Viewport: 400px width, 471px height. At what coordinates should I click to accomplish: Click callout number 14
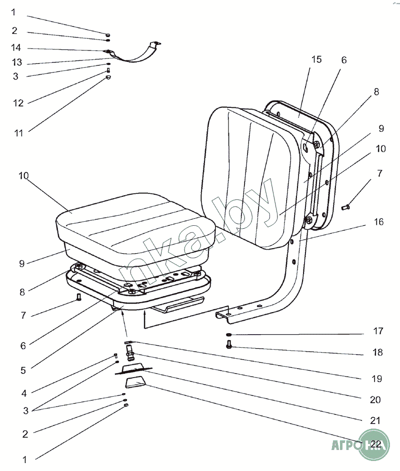click(16, 48)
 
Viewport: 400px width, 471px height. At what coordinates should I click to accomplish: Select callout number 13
click(16, 63)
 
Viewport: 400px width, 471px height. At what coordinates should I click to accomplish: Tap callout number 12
click(18, 103)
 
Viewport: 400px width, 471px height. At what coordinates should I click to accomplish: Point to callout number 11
click(18, 133)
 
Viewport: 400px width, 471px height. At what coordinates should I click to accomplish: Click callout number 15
click(316, 59)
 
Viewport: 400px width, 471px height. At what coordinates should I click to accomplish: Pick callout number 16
click(379, 222)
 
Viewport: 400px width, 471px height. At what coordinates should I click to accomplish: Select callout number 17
click(377, 331)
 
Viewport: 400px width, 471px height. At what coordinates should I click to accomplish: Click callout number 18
click(377, 352)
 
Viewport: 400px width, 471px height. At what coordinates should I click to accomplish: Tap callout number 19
click(377, 379)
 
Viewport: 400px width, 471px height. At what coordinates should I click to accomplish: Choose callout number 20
click(375, 400)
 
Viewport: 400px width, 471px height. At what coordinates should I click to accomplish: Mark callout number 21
click(375, 421)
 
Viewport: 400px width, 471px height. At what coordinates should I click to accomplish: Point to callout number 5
click(22, 371)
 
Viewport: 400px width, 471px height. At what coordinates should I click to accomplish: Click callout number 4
click(23, 393)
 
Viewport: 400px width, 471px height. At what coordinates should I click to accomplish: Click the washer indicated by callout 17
click(228, 335)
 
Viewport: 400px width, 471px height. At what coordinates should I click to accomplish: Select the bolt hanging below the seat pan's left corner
click(78, 298)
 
